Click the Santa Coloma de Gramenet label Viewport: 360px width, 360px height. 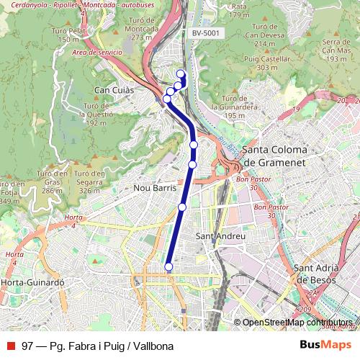(x=274, y=156)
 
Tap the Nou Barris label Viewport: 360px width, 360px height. (x=156, y=187)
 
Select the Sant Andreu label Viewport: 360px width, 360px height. (x=221, y=236)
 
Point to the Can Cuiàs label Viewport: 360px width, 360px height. (x=113, y=90)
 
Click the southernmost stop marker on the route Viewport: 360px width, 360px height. (x=168, y=266)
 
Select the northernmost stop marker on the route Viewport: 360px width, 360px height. (x=181, y=73)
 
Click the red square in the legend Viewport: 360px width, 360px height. (x=10, y=346)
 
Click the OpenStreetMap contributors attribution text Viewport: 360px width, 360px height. (x=297, y=323)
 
